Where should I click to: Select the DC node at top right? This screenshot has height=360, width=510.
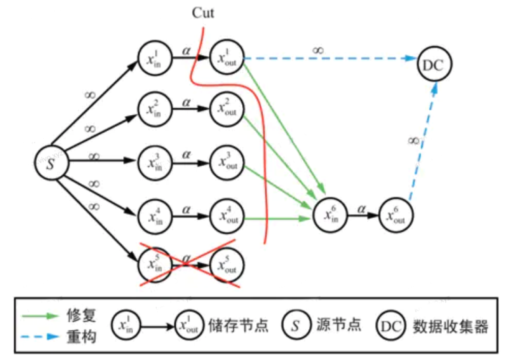tap(433, 66)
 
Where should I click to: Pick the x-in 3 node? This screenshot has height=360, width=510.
tap(154, 163)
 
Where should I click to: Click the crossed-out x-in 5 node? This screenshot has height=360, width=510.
tap(154, 266)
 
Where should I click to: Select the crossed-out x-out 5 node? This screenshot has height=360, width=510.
tap(227, 266)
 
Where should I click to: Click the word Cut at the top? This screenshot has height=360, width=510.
tap(203, 13)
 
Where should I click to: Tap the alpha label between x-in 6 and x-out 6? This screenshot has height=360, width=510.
tap(363, 206)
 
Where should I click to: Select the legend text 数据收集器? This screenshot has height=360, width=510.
tap(450, 326)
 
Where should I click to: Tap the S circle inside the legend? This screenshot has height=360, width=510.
tap(295, 326)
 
